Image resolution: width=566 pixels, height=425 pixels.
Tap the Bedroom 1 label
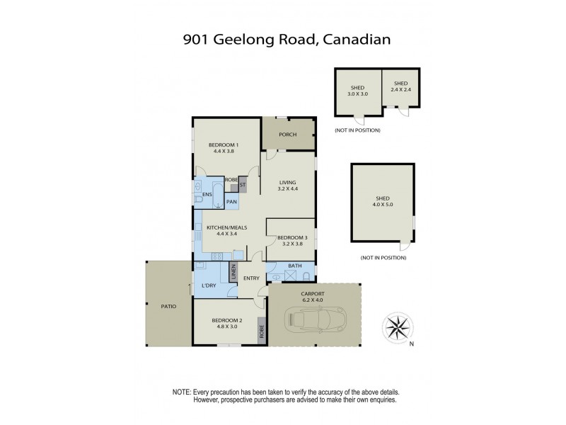tap(221, 147)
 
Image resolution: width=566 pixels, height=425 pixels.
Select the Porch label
tap(287, 135)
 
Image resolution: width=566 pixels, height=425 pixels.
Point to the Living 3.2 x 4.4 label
tap(288, 186)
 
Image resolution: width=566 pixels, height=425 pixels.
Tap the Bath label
tap(296, 267)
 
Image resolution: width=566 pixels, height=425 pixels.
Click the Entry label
tap(251, 278)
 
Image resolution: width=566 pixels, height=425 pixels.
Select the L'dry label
tap(208, 285)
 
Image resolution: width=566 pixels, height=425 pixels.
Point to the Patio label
tap(167, 306)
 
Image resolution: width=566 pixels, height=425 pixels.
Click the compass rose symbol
tap(398, 327)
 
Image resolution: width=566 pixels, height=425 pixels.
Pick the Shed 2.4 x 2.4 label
tap(401, 86)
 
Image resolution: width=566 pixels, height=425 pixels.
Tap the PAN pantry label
tap(231, 202)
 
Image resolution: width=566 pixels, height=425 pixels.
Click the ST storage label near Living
tap(243, 185)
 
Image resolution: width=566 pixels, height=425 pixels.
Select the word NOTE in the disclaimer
tap(181, 392)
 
